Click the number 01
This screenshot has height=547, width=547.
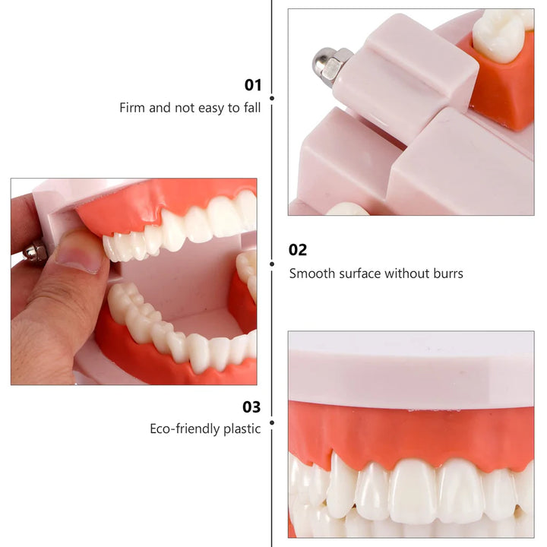252,85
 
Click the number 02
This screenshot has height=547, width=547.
298,250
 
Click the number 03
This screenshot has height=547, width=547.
251,407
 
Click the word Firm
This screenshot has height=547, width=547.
132,107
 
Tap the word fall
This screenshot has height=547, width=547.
252,107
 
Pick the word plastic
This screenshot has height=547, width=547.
242,428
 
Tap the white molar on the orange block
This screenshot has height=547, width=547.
500,36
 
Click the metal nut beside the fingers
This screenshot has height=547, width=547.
34,251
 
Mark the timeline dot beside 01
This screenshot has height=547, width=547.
272,98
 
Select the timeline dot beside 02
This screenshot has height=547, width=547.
272,264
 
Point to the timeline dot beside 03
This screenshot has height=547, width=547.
272,422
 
